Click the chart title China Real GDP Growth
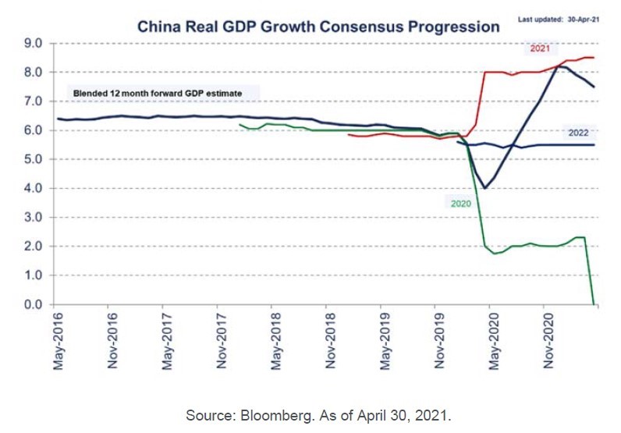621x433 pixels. (x=318, y=26)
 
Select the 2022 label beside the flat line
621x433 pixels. (x=578, y=133)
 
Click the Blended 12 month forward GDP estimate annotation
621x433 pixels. (x=157, y=94)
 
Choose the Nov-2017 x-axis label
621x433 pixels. (x=222, y=342)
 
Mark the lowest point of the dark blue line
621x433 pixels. (x=485, y=188)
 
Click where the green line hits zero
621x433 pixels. (x=594, y=303)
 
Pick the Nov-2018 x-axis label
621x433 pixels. (x=330, y=342)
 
